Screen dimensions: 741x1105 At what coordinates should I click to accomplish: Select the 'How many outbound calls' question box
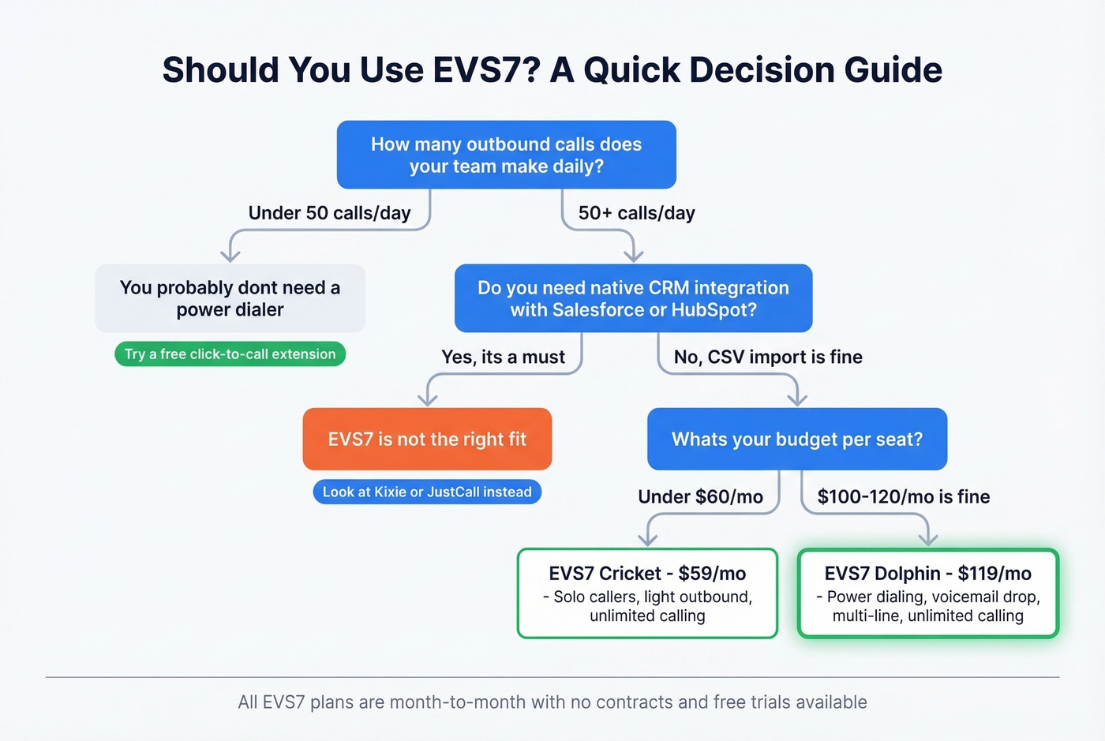click(x=506, y=155)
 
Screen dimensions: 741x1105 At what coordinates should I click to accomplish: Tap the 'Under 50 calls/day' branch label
click(x=329, y=213)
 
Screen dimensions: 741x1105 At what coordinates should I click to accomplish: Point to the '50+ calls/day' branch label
click(x=636, y=213)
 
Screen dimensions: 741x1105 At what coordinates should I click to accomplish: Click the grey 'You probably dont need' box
click(x=230, y=298)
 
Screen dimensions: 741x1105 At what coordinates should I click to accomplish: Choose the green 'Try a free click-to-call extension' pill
click(x=230, y=354)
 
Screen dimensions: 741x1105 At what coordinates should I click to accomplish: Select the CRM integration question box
click(x=633, y=298)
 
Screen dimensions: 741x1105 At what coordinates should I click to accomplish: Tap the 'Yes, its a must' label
click(x=503, y=357)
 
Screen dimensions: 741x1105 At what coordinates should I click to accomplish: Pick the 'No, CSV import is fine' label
click(x=767, y=357)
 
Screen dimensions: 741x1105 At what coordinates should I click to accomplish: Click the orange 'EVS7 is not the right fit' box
click(x=427, y=440)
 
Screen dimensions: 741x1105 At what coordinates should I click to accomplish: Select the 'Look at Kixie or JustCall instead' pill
click(x=427, y=492)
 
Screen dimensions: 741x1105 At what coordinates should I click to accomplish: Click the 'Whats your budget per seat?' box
click(x=796, y=440)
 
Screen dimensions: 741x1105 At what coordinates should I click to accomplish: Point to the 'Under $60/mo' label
click(x=700, y=497)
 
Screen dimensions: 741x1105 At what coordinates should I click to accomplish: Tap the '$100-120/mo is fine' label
click(x=903, y=497)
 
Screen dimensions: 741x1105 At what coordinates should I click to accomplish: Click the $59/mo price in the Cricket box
click(x=712, y=574)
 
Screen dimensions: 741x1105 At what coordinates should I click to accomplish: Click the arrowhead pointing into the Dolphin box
click(x=928, y=541)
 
